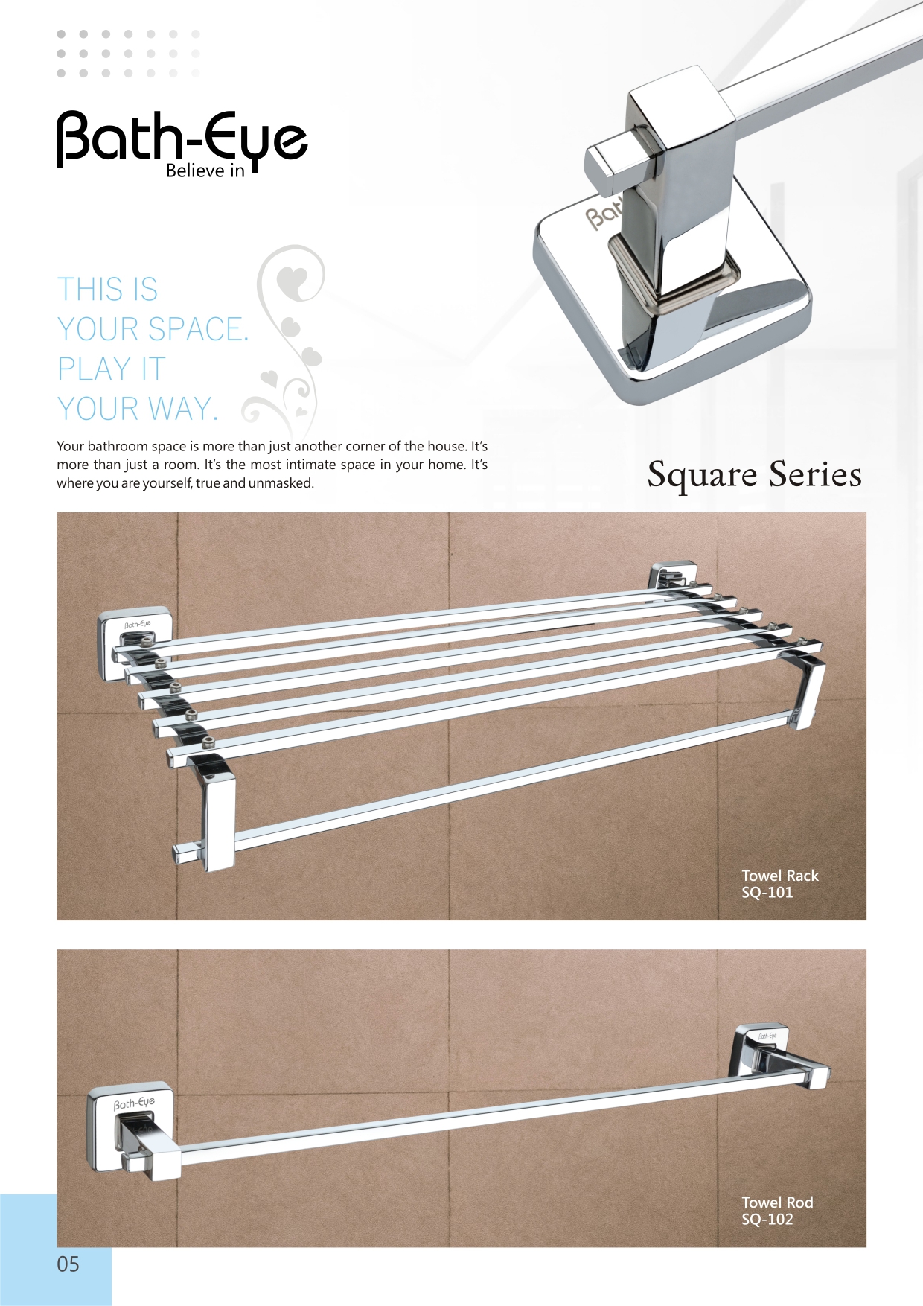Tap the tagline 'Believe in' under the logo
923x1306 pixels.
205,171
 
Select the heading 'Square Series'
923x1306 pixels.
754,474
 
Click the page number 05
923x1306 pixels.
68,1264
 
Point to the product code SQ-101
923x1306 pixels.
767,893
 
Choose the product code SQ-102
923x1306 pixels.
767,1220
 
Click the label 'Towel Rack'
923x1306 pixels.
780,876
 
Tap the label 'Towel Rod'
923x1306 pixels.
777,1203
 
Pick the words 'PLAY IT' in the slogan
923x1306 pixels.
112,369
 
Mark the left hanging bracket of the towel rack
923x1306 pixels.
212,812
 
